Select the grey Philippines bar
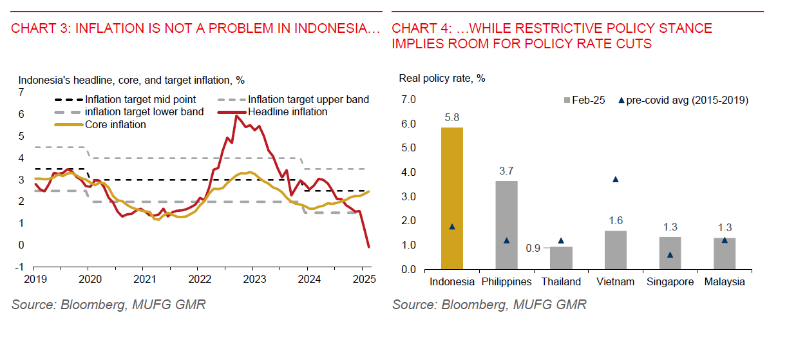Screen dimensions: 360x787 coord(506,225)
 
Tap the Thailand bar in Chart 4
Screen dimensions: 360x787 coord(561,258)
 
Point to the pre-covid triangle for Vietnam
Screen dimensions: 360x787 coord(616,180)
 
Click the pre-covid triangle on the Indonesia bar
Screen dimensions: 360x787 coord(452,227)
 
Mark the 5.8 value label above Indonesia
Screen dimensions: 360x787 coord(452,118)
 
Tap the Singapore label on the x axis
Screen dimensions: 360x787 coord(670,282)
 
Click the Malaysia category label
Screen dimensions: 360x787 coord(725,282)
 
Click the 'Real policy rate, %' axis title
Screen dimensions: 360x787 coord(441,79)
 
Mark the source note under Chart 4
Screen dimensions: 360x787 coord(489,305)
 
